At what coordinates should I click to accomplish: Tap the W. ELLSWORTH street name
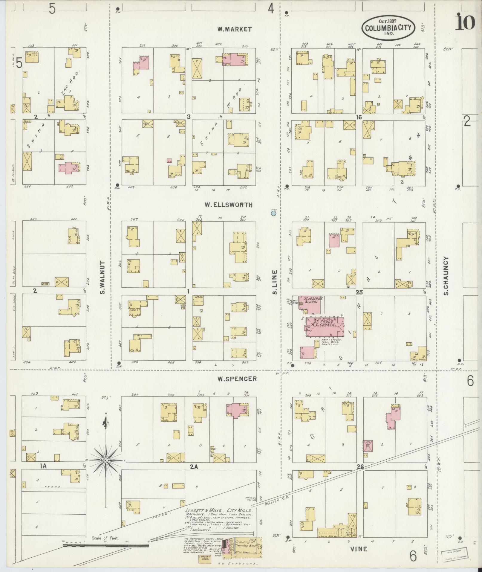click(229, 205)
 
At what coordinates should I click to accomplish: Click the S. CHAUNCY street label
click(446, 276)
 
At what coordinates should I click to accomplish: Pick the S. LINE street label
click(275, 282)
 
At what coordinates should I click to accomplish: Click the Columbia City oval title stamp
click(388, 27)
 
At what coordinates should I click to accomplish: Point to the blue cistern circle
click(273, 213)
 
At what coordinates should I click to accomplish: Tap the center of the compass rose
click(105, 469)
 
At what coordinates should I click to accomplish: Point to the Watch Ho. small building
click(254, 499)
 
